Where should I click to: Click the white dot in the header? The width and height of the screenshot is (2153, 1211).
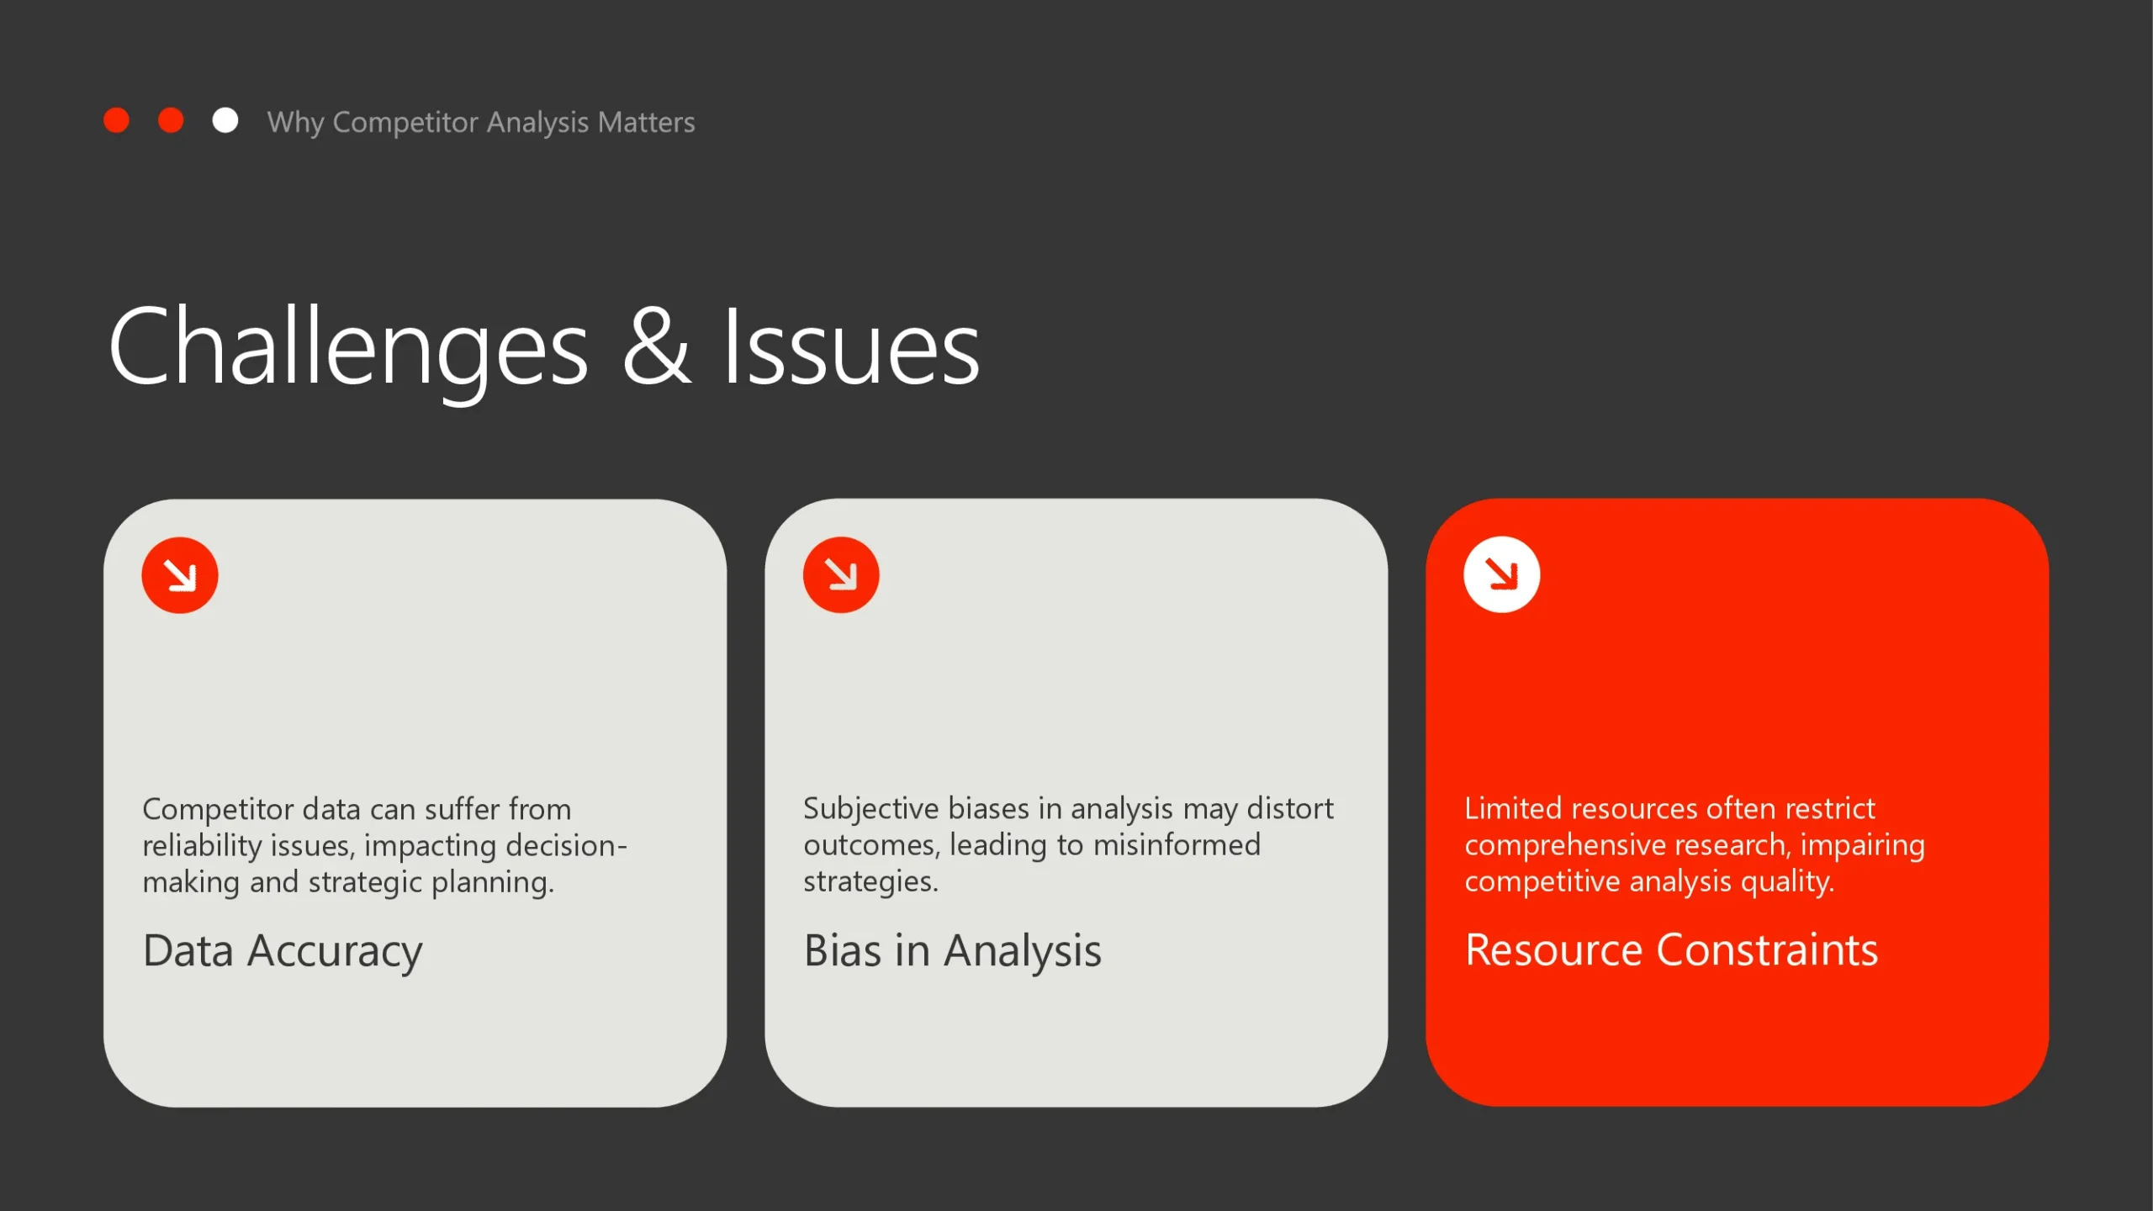coord(225,120)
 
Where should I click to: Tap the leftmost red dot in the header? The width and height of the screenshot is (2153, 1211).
coord(116,120)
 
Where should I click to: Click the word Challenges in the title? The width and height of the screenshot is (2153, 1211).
coord(348,346)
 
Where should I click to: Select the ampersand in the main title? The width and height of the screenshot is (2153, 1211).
coord(657,346)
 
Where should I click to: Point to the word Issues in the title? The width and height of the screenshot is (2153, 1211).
coord(851,346)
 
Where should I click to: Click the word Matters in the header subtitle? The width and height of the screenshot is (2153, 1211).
coord(646,122)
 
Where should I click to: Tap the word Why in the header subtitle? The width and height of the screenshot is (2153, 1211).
coord(295,123)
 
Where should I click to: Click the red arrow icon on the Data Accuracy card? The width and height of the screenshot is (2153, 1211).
coord(180,575)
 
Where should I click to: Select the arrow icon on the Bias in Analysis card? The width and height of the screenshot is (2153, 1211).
coord(841,575)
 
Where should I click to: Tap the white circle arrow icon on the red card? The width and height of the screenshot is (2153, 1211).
coord(1502,575)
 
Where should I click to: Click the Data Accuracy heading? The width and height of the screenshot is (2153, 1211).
coord(283,952)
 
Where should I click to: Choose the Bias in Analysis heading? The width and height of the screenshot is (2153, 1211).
coord(952,952)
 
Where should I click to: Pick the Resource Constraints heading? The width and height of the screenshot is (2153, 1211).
coord(1671,950)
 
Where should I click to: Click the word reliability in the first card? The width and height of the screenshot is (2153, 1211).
coord(202,845)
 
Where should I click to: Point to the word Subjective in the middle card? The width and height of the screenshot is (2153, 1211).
coord(870,809)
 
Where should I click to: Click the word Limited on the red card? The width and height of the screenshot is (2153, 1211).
coord(1514,808)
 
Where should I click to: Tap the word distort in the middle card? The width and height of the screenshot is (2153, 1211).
coord(1290,808)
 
